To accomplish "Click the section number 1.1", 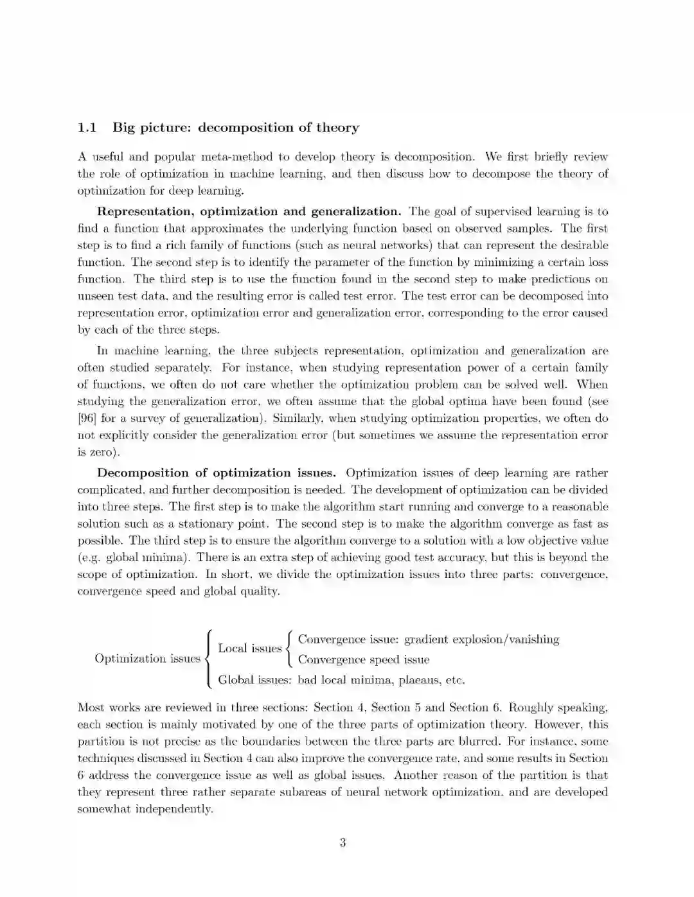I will (x=87, y=128).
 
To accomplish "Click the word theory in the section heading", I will (x=337, y=128).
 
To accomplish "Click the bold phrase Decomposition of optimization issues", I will (x=216, y=473).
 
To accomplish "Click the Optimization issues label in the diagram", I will (x=147, y=658).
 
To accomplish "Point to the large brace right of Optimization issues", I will (x=208, y=659).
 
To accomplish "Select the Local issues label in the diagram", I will (x=250, y=649).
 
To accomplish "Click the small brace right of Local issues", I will (x=290, y=649).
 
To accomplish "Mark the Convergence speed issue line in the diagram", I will (x=364, y=659).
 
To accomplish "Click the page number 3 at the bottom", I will (x=343, y=842).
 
